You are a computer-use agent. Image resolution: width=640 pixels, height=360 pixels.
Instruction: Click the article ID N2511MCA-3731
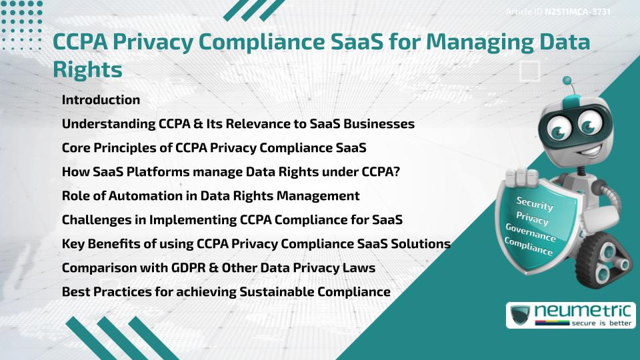click(578, 12)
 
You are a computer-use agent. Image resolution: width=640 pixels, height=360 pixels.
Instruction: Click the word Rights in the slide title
click(87, 69)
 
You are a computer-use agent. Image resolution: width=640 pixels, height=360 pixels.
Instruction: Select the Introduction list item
click(101, 100)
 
